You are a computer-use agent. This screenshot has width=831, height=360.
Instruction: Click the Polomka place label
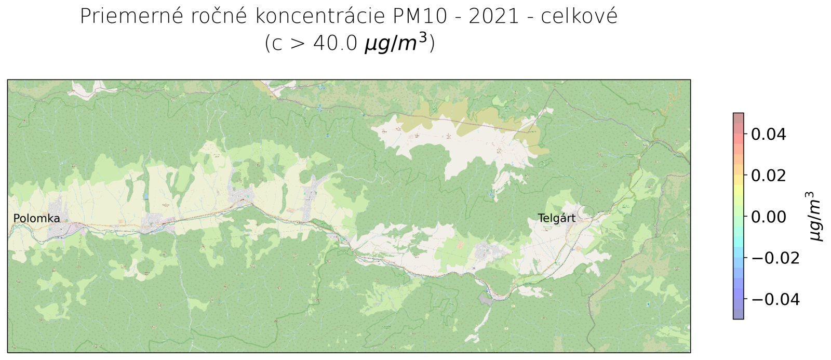pos(36,219)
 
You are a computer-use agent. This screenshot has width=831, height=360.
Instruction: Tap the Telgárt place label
pos(556,218)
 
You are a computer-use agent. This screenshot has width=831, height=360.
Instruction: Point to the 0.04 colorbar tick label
pos(769,135)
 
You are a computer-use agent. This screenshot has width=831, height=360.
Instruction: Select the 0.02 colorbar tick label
pos(769,176)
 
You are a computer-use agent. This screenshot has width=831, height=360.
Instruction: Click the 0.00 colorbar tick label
pos(769,217)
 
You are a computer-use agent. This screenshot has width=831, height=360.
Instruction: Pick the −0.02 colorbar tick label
pos(775,258)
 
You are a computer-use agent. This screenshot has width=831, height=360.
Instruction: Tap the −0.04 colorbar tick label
pos(775,299)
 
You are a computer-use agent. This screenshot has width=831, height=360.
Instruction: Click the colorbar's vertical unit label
pos(815,216)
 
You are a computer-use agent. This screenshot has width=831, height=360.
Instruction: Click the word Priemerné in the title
pos(131,17)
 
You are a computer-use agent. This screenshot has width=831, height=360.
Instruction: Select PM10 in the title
pos(420,17)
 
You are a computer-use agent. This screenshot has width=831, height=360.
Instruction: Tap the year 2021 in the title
pos(494,17)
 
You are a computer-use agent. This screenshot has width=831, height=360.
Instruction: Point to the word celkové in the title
pos(579,17)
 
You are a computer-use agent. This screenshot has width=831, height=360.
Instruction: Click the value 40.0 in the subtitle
pos(336,43)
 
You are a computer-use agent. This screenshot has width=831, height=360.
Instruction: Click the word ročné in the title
pos(219,17)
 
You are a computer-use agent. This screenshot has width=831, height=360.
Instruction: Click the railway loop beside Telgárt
pos(587,211)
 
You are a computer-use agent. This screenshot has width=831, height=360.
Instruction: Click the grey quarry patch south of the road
pos(486,299)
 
